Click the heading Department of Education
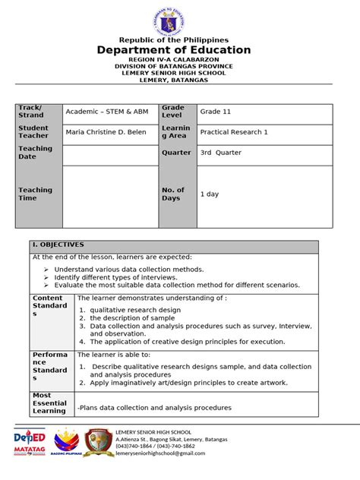pos(183,50)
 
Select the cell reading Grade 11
pos(216,112)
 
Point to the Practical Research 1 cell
pos(234,131)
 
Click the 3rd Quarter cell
pos(220,153)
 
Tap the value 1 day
pos(210,194)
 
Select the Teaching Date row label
pos(36,153)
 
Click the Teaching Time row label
pos(36,194)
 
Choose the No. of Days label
pos(173,194)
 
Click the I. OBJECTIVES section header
pos(58,245)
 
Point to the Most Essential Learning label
pos(49,403)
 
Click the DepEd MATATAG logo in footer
pos(30,443)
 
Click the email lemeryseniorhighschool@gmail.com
pos(160,453)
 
